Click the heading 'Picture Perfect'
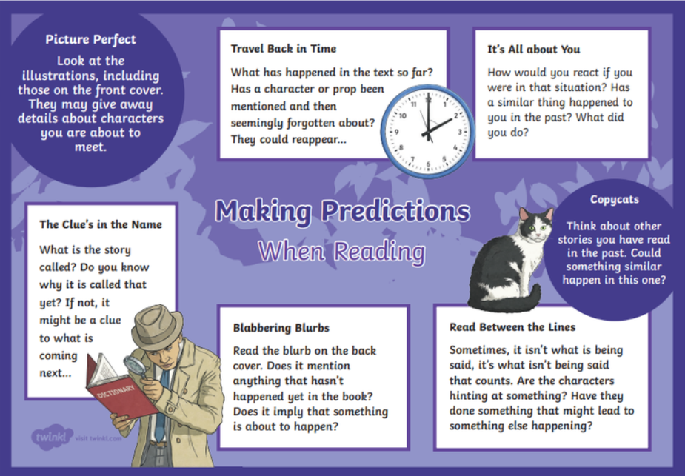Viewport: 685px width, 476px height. click(x=90, y=40)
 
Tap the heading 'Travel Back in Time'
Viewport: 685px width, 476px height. click(x=284, y=48)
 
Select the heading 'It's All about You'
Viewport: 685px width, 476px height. click(x=534, y=50)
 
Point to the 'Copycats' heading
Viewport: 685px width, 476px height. click(x=614, y=200)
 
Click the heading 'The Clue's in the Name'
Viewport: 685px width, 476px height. click(x=101, y=224)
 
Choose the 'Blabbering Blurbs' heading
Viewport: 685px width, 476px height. click(x=281, y=328)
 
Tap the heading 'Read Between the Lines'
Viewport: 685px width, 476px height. click(x=512, y=327)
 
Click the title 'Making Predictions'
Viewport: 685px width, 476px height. click(x=343, y=212)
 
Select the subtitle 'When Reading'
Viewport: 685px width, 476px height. click(x=341, y=252)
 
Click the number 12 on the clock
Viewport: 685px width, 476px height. click(x=429, y=99)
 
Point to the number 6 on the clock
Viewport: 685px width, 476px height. click(x=428, y=164)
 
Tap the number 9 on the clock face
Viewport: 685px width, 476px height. click(x=396, y=132)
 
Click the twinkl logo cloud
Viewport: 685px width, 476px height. click(x=52, y=437)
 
